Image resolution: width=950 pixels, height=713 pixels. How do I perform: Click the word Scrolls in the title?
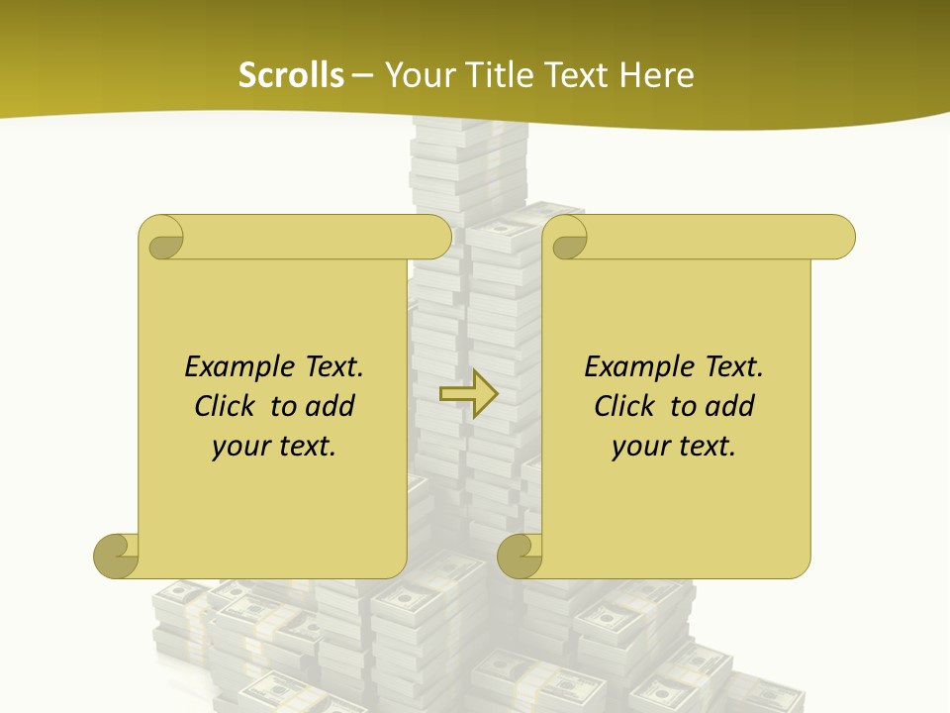tap(291, 75)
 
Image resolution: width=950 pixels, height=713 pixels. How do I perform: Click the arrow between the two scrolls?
tap(468, 394)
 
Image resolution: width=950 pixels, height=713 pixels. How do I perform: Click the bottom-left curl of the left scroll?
tap(117, 556)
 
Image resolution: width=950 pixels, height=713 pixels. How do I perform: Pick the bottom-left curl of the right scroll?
tap(520, 556)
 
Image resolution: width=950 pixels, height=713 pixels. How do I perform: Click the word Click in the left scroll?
tap(225, 406)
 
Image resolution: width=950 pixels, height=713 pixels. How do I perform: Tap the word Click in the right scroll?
tap(624, 406)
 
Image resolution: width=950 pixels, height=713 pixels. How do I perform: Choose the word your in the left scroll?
tap(237, 447)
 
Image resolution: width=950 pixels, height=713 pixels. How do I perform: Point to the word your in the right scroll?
tap(637, 447)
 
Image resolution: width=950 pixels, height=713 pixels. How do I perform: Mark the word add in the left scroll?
tap(331, 406)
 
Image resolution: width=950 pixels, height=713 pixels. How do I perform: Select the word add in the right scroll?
tap(730, 406)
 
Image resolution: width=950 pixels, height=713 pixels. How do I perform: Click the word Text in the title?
tap(576, 75)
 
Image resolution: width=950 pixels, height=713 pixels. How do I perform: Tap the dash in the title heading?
tap(363, 75)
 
